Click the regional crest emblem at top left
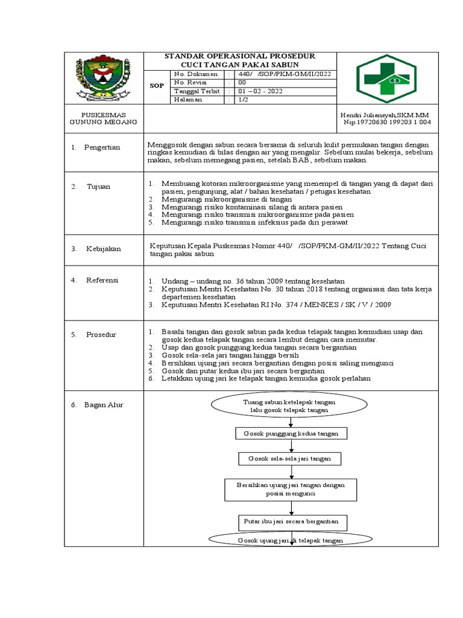pyautogui.click(x=104, y=78)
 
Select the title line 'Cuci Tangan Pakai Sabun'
pyautogui.click(x=240, y=65)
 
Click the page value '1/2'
pyautogui.click(x=243, y=100)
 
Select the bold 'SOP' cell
pyautogui.click(x=156, y=86)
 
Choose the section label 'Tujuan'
pyautogui.click(x=98, y=186)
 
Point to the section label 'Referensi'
pyautogui.click(x=102, y=280)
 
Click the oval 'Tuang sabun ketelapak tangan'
pyautogui.click(x=289, y=406)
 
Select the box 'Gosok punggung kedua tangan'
pyautogui.click(x=291, y=434)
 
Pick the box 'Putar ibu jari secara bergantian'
pyautogui.click(x=291, y=521)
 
